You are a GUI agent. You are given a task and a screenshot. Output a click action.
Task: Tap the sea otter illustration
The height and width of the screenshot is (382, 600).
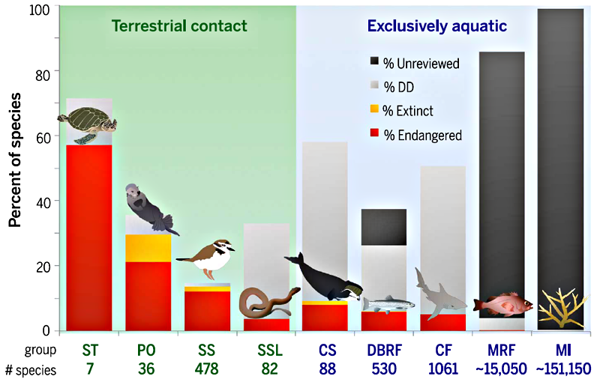coord(149,208)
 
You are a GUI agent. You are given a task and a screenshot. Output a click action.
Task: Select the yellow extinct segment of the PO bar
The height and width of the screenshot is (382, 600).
coord(148,248)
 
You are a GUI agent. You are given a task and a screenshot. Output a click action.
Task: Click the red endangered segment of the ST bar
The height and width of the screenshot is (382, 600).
coord(89,237)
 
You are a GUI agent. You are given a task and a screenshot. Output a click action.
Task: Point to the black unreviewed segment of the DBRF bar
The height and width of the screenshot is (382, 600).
coord(384,227)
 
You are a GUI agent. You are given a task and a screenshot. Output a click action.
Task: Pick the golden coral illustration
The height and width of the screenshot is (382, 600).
coord(562,308)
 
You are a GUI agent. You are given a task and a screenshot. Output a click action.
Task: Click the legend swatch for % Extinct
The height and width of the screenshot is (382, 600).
coord(374,109)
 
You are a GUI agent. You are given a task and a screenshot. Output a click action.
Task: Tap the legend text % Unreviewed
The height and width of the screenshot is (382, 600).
coord(421,64)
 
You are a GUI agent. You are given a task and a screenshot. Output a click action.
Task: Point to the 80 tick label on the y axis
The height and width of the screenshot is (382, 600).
coord(43,76)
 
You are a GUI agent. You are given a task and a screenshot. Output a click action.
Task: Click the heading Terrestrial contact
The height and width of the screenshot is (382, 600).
coord(179,26)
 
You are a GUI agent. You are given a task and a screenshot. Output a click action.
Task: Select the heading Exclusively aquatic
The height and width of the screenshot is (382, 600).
coord(437,26)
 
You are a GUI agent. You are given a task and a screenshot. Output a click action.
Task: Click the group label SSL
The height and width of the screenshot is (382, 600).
coord(270,351)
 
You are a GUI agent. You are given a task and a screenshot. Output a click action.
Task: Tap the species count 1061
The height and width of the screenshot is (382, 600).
coord(443,369)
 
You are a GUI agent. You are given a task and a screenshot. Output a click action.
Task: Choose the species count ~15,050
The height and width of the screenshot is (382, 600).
coord(501,369)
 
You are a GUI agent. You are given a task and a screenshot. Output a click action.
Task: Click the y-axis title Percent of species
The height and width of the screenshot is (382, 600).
coord(14,160)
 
